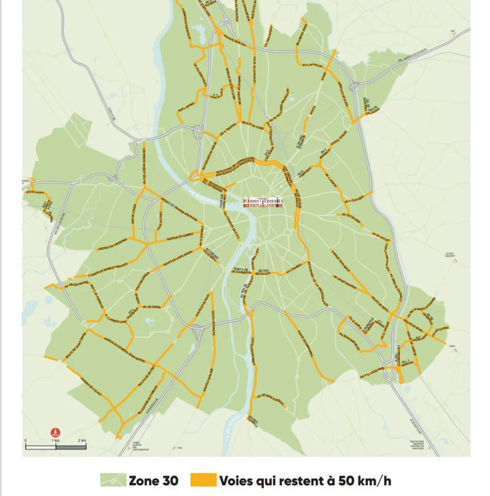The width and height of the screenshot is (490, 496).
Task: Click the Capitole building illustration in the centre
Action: coord(263,202)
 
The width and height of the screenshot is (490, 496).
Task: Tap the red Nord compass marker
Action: coord(55,432)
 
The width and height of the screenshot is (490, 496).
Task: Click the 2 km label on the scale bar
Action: coord(82,440)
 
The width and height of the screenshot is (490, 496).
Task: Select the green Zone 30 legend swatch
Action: coord(113,480)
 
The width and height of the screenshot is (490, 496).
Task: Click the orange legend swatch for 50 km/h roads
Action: coord(203,480)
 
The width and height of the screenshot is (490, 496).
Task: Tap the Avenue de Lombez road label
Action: coord(181,236)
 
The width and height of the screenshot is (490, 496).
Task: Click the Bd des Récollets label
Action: coord(264,272)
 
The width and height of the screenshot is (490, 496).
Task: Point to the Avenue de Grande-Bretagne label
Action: coord(175,210)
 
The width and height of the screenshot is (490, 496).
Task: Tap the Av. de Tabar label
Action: coord(150,307)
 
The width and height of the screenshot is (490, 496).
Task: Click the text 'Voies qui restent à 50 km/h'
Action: coord(305,481)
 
